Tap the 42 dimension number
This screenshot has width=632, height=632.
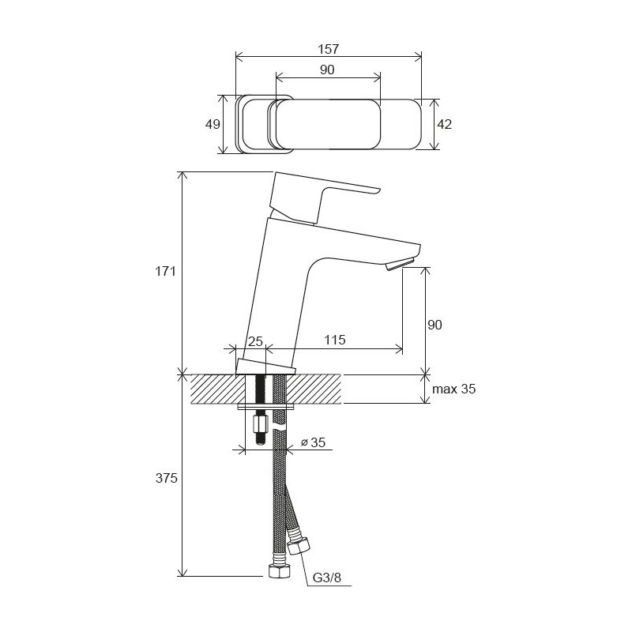(x=444, y=124)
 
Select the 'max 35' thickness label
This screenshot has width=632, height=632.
(x=455, y=389)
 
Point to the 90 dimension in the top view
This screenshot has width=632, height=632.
(x=328, y=70)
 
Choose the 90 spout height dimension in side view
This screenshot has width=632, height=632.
(x=434, y=325)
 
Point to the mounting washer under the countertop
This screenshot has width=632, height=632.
(x=266, y=408)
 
